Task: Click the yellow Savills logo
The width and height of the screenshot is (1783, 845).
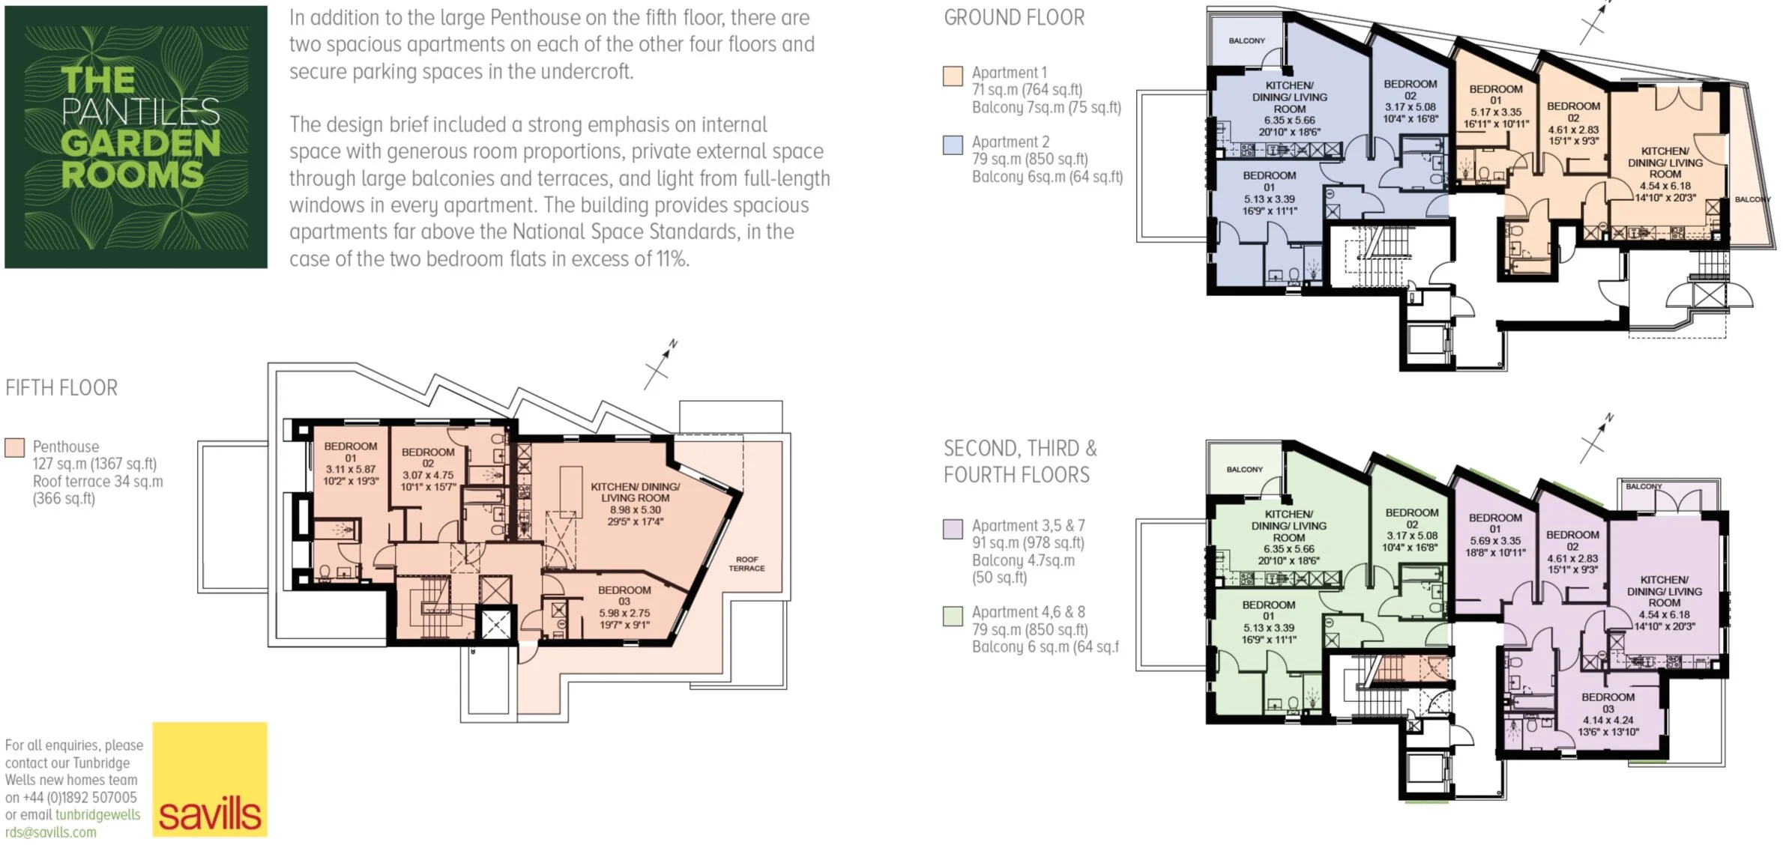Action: pyautogui.click(x=210, y=779)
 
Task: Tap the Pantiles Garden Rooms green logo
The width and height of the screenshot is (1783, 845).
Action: pyautogui.click(x=136, y=137)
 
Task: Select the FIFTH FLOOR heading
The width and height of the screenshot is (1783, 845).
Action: pyautogui.click(x=61, y=388)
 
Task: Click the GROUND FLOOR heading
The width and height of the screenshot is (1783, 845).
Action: pyautogui.click(x=1014, y=17)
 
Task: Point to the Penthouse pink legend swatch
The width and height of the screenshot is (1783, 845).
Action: pyautogui.click(x=14, y=447)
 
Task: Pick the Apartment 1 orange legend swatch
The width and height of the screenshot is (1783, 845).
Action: pyautogui.click(x=953, y=76)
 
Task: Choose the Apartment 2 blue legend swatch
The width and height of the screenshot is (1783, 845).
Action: pyautogui.click(x=953, y=145)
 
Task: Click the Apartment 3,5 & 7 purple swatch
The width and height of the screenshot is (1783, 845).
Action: pyautogui.click(x=953, y=529)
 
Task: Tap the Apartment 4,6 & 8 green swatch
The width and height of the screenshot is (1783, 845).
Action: pyautogui.click(x=953, y=616)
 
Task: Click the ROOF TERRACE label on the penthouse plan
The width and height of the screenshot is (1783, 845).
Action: pyautogui.click(x=746, y=564)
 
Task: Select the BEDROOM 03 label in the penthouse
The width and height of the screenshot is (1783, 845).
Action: pyautogui.click(x=624, y=596)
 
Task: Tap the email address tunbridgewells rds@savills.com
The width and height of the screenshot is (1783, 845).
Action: pyautogui.click(x=73, y=823)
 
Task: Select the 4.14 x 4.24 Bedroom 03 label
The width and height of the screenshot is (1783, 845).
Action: pyautogui.click(x=1608, y=720)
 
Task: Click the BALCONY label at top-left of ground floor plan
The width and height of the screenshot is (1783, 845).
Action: pyautogui.click(x=1246, y=40)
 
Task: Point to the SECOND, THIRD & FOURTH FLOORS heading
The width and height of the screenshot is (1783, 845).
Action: pyautogui.click(x=1020, y=461)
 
